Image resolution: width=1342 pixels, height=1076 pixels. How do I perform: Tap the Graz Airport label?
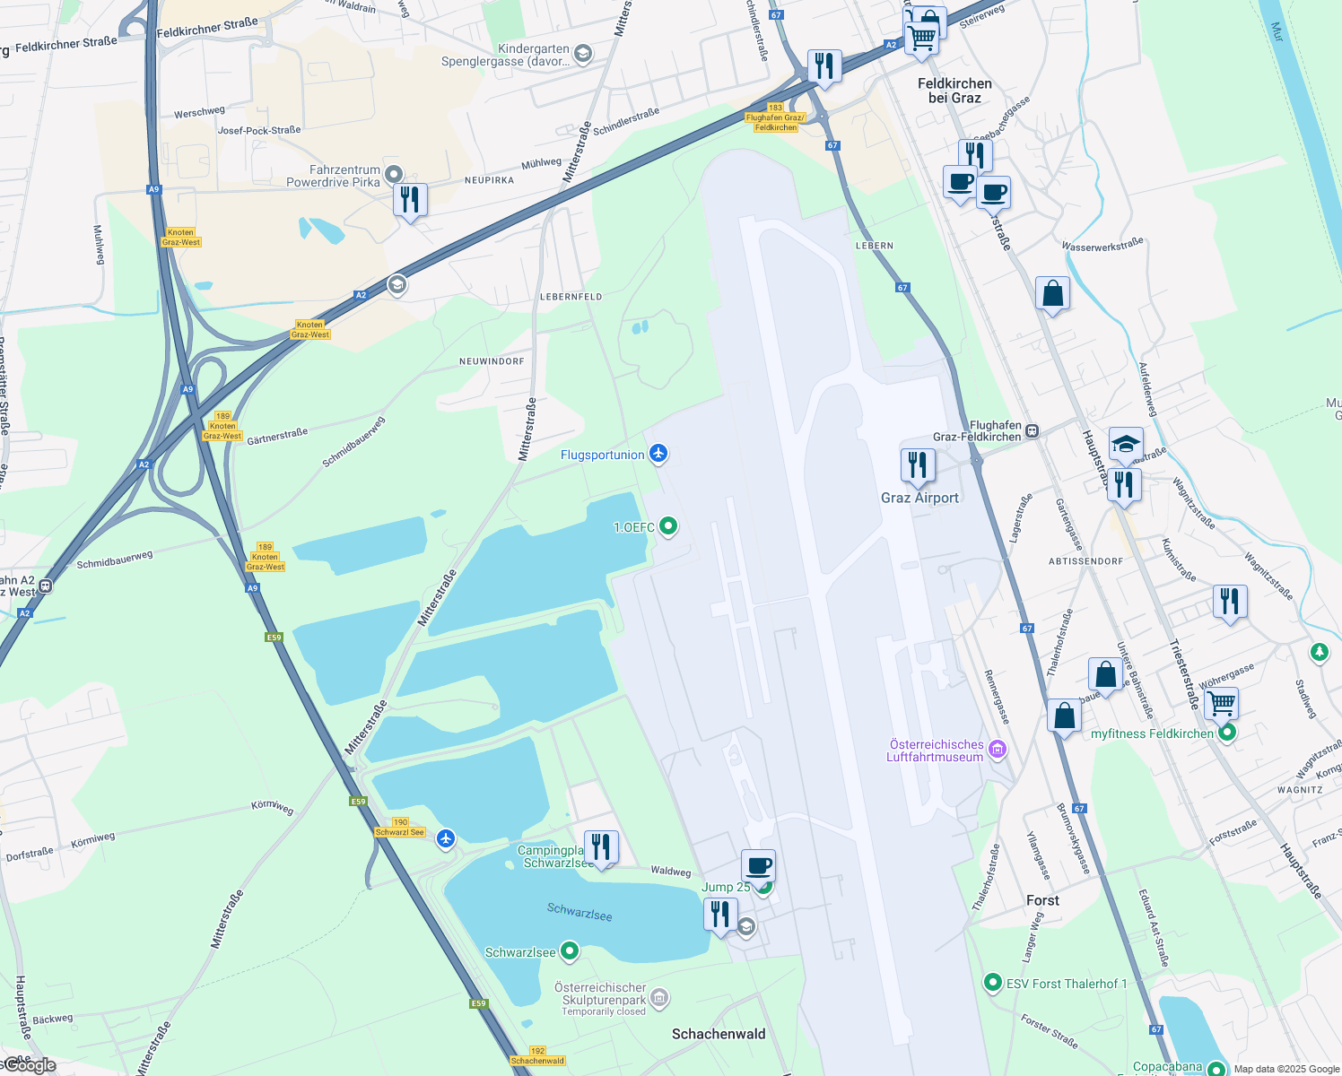[919, 498]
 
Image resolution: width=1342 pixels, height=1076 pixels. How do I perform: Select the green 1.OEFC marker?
[668, 526]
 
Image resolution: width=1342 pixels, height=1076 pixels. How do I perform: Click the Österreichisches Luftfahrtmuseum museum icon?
[997, 750]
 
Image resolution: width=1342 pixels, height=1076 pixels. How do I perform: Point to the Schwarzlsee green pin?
[570, 950]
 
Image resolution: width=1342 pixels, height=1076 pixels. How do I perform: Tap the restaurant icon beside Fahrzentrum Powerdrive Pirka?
[410, 199]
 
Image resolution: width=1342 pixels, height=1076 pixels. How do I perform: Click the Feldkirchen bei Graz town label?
[954, 91]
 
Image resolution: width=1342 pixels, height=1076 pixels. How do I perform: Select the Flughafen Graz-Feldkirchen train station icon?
[1033, 431]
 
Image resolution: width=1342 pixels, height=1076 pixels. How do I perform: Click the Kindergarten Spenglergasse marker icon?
[582, 55]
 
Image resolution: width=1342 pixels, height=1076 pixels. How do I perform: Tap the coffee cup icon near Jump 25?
[758, 866]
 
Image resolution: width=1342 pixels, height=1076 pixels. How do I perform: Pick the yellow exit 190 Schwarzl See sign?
[400, 828]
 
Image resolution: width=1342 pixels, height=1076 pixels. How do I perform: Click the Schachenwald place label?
[719, 1034]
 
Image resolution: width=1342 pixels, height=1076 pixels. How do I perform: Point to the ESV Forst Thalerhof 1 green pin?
[992, 983]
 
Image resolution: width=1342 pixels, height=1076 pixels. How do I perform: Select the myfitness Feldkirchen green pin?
[1228, 733]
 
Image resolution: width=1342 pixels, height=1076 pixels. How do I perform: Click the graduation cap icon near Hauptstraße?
[1126, 444]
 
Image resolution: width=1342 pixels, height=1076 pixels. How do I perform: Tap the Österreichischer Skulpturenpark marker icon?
[659, 997]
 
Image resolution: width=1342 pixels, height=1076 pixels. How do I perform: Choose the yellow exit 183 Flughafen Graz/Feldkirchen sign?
[776, 117]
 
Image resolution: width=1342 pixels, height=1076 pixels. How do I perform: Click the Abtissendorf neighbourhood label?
[1085, 561]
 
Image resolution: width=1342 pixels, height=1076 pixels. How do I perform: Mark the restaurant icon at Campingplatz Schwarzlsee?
[600, 846]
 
